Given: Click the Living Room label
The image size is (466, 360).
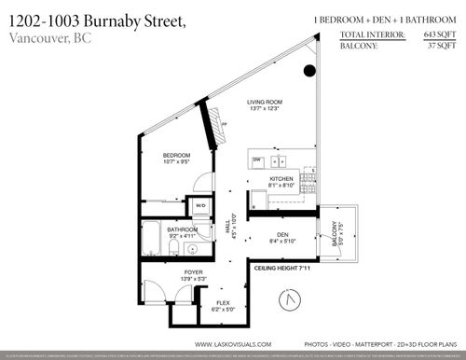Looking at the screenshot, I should click(x=264, y=103).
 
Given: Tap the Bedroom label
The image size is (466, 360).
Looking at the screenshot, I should click(x=177, y=156).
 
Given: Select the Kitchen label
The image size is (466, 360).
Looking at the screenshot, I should click(x=281, y=178).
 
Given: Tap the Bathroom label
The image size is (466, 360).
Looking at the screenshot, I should click(x=182, y=228).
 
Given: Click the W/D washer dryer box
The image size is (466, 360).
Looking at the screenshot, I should click(x=200, y=206).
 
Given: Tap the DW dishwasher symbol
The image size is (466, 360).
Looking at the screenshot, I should click(x=257, y=160).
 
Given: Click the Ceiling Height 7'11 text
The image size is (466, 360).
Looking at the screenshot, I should click(x=281, y=269).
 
